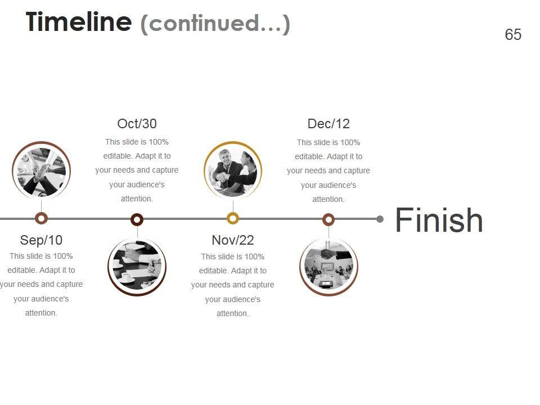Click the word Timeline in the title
coord(78,22)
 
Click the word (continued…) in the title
coord(215,24)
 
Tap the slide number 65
coord(513,35)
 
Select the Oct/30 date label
coord(137,124)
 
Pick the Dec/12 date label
coord(328,124)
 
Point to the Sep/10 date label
coord(41,240)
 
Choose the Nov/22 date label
coord(233,240)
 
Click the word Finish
coord(439,220)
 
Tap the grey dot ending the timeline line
coord(380,219)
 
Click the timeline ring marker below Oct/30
coord(137,219)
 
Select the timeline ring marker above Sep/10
coord(41,218)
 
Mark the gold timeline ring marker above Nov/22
coord(233,218)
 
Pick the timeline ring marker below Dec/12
coord(328,219)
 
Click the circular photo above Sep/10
coord(41,170)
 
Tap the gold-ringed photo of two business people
coord(233,170)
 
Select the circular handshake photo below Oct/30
coord(137,267)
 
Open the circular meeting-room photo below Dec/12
coord(328,267)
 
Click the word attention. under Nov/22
coord(233,313)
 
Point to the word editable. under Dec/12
coord(309,156)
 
